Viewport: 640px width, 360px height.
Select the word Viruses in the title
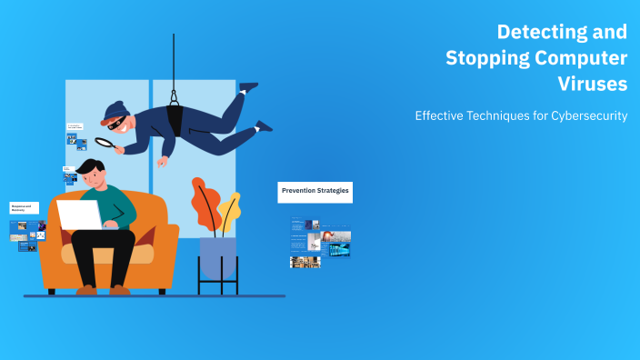[593, 85]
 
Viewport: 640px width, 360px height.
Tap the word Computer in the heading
[583, 58]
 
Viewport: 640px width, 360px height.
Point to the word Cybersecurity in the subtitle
[589, 116]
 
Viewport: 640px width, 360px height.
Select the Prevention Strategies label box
[315, 191]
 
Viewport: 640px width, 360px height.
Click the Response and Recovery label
[24, 208]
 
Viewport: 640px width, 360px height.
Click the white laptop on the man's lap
[80, 215]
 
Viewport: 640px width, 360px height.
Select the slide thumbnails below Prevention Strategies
[320, 242]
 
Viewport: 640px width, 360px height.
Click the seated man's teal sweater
[118, 205]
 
